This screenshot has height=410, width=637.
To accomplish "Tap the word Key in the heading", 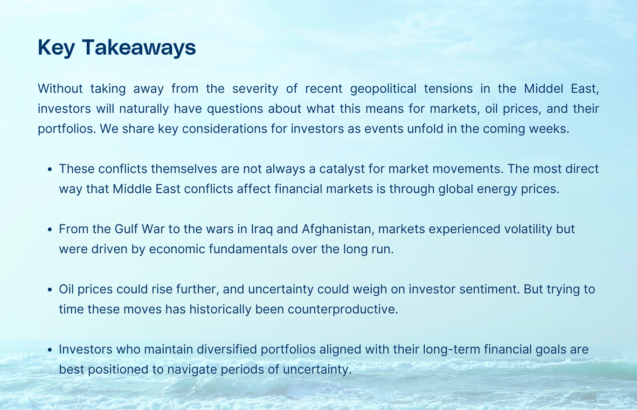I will tap(56, 48).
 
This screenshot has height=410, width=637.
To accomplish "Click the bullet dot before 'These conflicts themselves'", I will tap(50, 169).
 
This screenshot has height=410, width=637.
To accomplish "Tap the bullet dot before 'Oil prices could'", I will tap(50, 290).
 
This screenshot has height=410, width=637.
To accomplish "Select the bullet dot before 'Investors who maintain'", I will tap(50, 350).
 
